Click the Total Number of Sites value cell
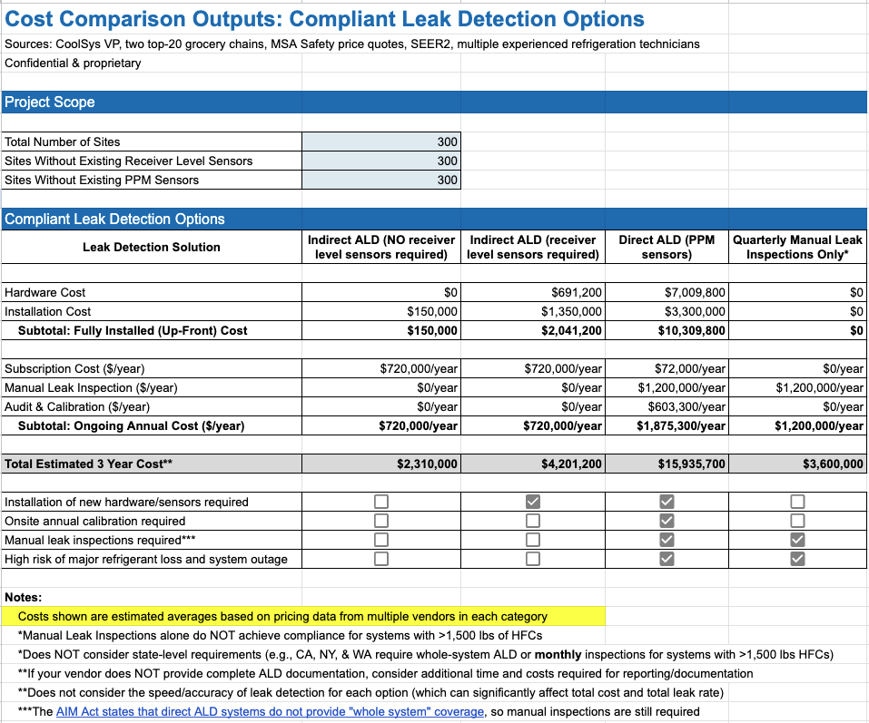381,142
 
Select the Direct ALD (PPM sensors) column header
667,247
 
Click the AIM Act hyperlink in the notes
270,712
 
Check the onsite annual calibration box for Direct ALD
667,521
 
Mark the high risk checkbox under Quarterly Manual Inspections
797,559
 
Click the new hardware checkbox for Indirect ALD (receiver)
533,502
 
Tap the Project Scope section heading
50,103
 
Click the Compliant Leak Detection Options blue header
114,219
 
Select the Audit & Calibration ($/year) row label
77,406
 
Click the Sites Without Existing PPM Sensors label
102,180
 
